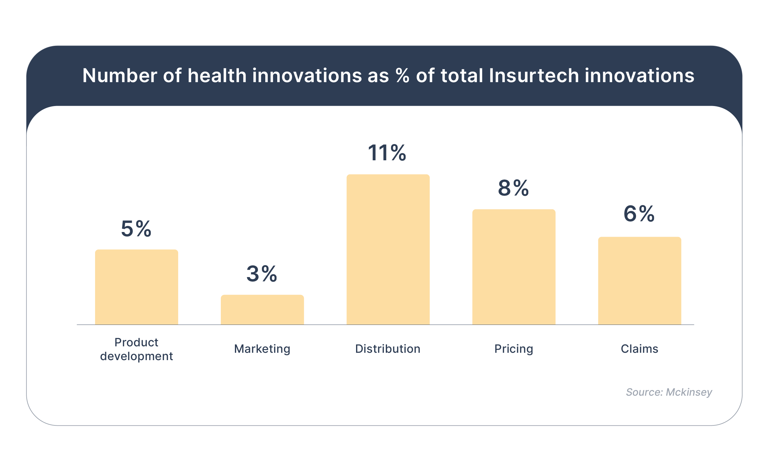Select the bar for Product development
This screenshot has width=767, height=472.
(x=136, y=287)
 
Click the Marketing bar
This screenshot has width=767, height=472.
(x=262, y=310)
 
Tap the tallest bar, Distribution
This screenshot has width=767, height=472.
(x=388, y=249)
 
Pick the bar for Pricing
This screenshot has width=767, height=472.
(x=514, y=267)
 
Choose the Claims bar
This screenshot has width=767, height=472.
(x=639, y=281)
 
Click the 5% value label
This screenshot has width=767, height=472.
(x=136, y=229)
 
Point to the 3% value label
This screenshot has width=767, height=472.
(x=262, y=274)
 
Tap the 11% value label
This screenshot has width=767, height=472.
(x=387, y=153)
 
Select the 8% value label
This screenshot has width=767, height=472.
(x=513, y=188)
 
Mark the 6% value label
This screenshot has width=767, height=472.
(x=639, y=214)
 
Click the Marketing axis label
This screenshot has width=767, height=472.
(x=262, y=349)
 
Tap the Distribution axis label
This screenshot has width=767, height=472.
(x=388, y=349)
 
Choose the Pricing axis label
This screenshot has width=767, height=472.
(x=513, y=349)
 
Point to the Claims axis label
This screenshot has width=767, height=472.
(x=639, y=349)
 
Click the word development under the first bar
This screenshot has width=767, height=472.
(x=136, y=356)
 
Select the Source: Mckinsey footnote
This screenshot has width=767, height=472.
(x=669, y=392)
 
